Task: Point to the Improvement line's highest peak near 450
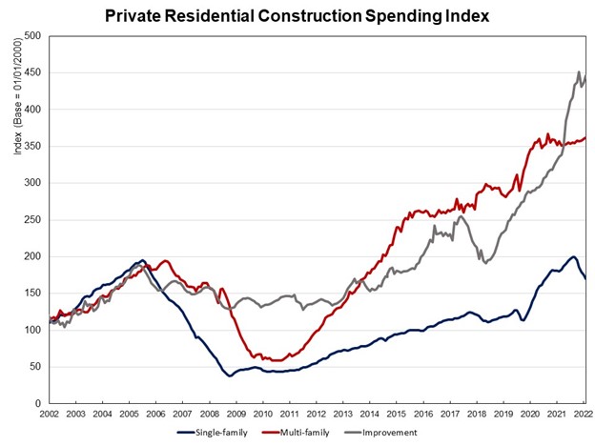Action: click(x=579, y=72)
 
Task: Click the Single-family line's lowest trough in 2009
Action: click(x=230, y=375)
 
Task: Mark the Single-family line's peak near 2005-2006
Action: click(x=142, y=260)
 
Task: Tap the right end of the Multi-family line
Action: click(x=585, y=137)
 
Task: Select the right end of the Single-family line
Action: click(x=585, y=278)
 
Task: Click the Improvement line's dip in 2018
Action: click(x=485, y=263)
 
